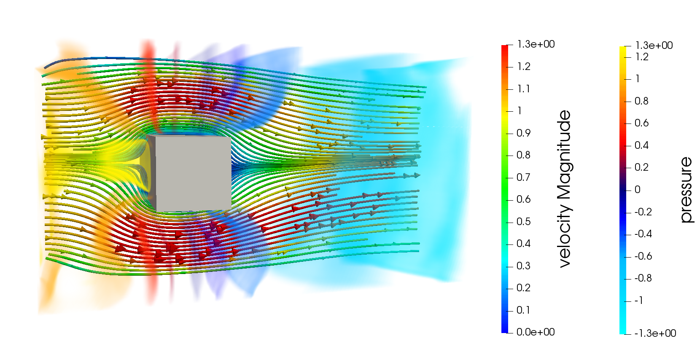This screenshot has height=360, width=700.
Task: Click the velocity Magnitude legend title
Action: (x=564, y=189)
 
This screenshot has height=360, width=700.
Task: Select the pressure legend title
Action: (x=686, y=190)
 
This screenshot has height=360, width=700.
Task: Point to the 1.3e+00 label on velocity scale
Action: (x=536, y=44)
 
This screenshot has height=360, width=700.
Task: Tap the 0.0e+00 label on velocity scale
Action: (x=536, y=332)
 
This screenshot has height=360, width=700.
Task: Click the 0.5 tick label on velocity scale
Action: (x=523, y=222)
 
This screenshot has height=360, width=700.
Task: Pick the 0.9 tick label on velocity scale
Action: (x=523, y=133)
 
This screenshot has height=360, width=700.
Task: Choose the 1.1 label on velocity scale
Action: (x=524, y=89)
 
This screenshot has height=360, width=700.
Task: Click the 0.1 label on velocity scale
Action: (x=523, y=310)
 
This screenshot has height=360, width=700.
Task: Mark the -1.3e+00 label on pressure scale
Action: (x=655, y=333)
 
